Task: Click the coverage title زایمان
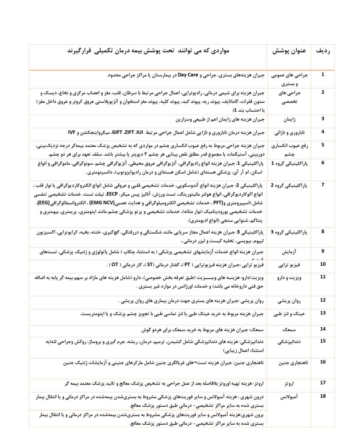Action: (x=289, y=119)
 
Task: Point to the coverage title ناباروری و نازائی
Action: (x=289, y=132)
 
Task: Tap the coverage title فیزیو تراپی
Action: (x=289, y=265)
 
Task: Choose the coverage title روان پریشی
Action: (x=289, y=301)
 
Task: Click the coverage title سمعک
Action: (x=289, y=329)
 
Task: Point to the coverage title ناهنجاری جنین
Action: (x=289, y=363)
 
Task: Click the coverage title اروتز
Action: (x=289, y=383)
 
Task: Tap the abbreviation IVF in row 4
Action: (x=72, y=132)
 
